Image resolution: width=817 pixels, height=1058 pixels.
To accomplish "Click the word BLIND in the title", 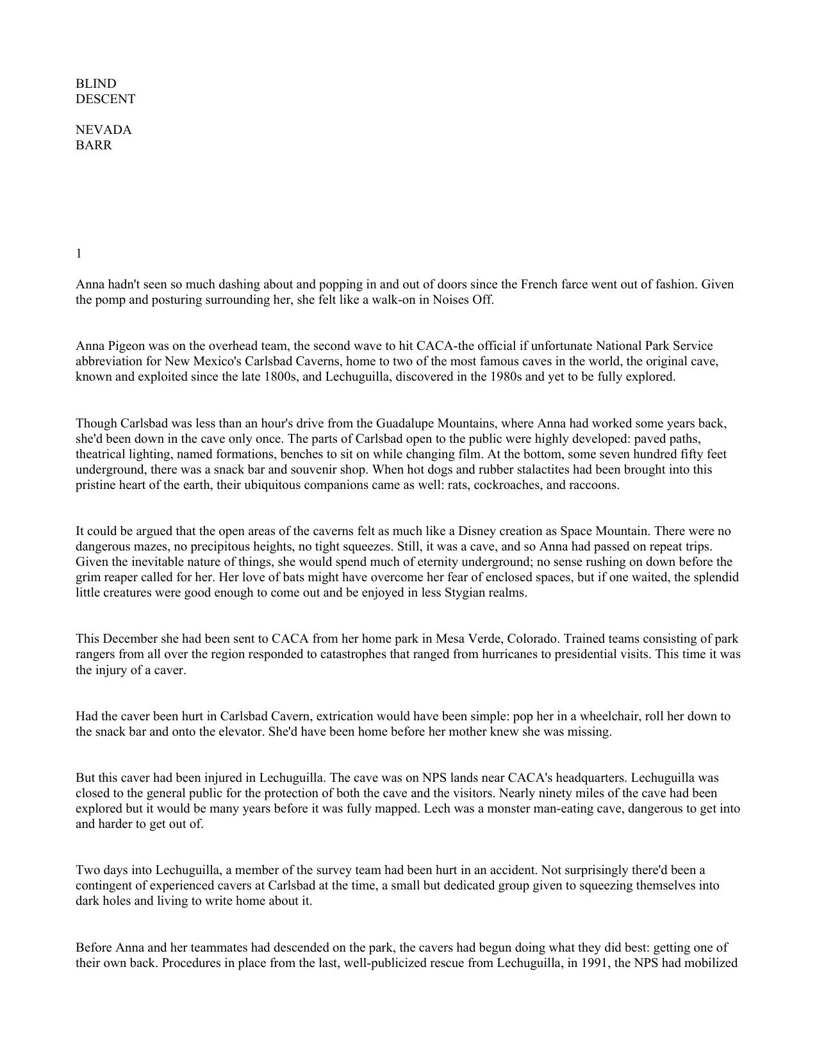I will pyautogui.click(x=96, y=84).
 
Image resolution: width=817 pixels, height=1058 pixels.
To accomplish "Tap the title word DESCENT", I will pyautogui.click(x=106, y=99).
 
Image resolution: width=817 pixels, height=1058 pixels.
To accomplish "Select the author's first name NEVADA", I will pyautogui.click(x=104, y=130).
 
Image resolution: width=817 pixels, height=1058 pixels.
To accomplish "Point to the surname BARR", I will pyautogui.click(x=94, y=145).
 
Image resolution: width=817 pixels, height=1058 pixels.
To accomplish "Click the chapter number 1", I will pyautogui.click(x=79, y=254).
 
